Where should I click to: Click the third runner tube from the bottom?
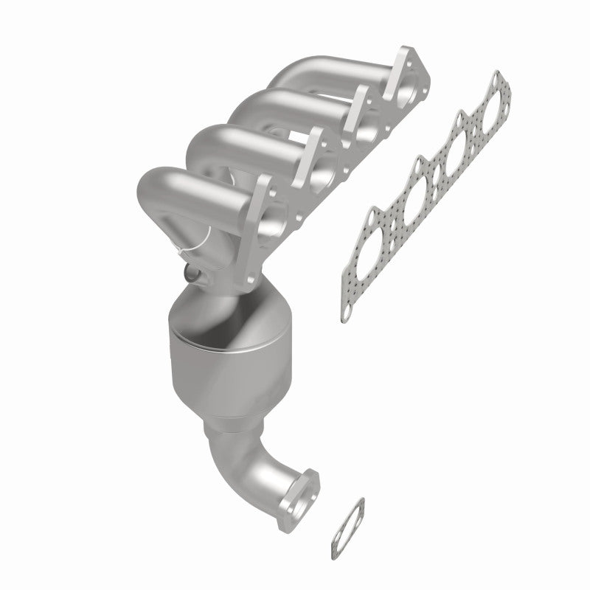[273, 111]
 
